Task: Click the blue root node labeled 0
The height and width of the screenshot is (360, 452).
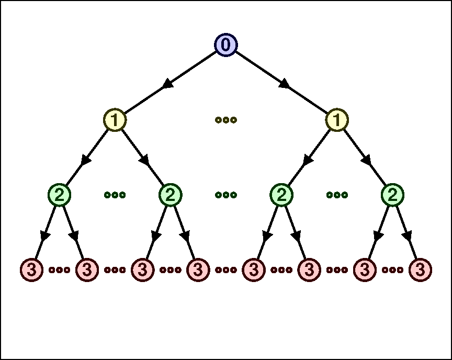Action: coord(226,45)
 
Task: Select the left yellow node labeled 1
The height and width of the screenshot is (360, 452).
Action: coord(115,120)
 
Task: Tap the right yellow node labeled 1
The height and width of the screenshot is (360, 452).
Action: coord(337,120)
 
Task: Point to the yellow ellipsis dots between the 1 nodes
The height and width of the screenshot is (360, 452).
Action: coord(226,120)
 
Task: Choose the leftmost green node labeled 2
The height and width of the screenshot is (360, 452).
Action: coord(59,195)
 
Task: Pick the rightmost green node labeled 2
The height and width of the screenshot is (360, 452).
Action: coord(392,195)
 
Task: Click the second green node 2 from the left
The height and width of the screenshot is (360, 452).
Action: coord(170,195)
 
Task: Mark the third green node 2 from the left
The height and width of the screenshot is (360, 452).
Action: coord(281,195)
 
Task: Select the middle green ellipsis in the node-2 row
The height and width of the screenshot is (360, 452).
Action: coord(226,195)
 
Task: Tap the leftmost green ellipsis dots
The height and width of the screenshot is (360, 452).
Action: coord(115,195)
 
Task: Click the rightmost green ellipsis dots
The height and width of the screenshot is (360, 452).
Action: coord(337,195)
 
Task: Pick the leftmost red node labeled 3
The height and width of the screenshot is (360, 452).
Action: coord(31,270)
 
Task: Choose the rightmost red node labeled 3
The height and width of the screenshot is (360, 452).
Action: coord(420,270)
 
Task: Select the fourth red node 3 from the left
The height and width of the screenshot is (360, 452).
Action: coord(198,270)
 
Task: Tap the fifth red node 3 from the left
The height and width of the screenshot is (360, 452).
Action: coord(254,270)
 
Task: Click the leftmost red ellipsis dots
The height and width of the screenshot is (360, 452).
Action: coord(59,270)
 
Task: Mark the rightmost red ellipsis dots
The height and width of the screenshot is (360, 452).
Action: coord(392,270)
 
